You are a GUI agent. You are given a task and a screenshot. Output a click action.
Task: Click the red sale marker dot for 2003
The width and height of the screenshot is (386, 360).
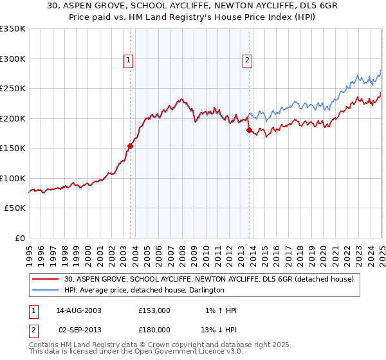click(x=131, y=146)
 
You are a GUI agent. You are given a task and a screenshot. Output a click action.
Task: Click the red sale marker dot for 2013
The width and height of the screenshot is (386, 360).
click(x=249, y=130)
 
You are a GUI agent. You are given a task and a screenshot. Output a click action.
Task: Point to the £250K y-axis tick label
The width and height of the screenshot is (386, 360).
click(x=13, y=88)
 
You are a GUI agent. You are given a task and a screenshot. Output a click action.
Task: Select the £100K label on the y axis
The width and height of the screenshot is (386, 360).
click(x=13, y=178)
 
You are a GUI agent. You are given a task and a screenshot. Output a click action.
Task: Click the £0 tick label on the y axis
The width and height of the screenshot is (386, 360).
click(x=21, y=238)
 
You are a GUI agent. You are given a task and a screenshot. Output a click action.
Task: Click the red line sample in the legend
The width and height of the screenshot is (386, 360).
click(x=48, y=279)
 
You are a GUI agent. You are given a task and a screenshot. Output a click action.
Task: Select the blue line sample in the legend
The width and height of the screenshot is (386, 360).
click(x=48, y=291)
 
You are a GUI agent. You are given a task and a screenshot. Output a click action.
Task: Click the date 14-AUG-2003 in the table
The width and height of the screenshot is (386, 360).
click(x=79, y=310)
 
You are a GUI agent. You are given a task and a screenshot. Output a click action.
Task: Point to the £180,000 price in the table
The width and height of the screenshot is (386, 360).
click(x=154, y=328)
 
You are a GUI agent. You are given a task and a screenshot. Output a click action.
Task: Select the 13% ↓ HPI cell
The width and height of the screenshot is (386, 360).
click(x=220, y=328)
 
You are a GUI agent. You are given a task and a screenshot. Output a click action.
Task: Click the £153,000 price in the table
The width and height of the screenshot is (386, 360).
click(x=154, y=310)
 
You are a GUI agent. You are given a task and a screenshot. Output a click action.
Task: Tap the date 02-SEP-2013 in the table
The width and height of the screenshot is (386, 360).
click(x=79, y=328)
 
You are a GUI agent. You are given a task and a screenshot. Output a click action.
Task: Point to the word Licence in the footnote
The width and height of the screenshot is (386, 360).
click(x=199, y=353)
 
